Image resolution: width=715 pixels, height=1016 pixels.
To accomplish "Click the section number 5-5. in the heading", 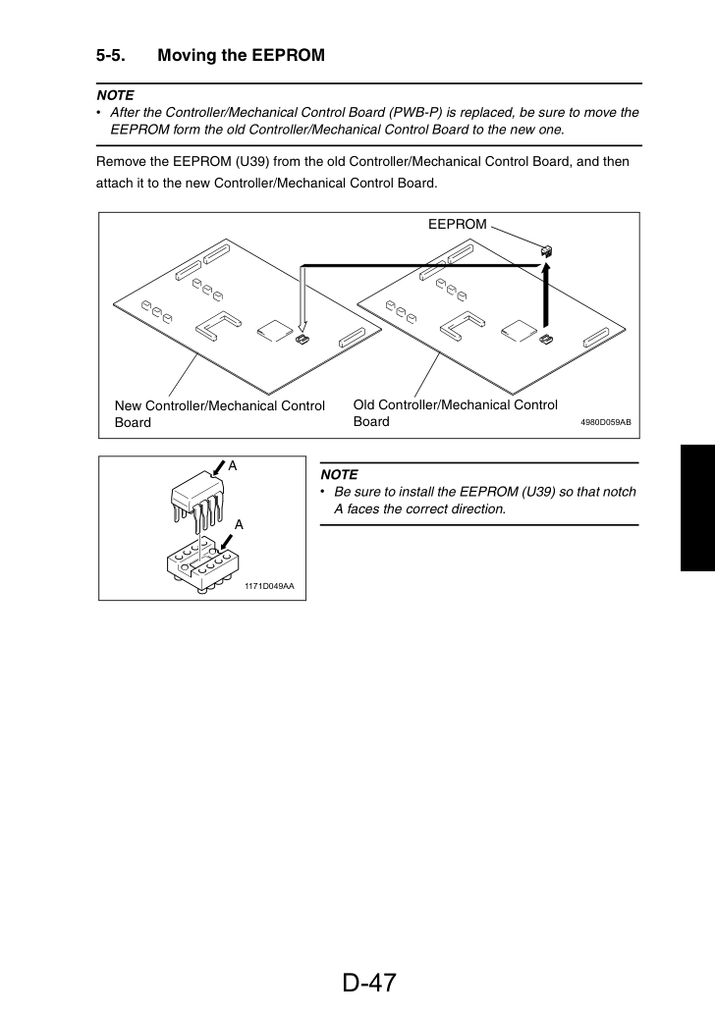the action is point(111,56).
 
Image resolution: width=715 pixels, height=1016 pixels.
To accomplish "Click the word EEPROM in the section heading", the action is point(288,56).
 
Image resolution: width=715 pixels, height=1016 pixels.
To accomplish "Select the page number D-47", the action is point(369,983).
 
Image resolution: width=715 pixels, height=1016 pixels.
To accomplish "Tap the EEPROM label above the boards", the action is point(457,224).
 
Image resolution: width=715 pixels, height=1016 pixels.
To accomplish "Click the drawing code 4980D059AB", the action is point(605,422).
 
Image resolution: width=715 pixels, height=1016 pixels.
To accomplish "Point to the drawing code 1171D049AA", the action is point(269,586).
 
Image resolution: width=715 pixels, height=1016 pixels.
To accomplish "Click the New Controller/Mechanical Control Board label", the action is point(220,414).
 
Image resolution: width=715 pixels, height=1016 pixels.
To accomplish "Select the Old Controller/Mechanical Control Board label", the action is point(455,412).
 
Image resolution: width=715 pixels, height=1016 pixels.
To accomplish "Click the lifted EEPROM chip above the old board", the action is point(546,250).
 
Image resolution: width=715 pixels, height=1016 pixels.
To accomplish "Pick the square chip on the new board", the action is point(274,331).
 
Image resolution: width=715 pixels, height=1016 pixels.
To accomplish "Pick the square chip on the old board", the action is point(519,331).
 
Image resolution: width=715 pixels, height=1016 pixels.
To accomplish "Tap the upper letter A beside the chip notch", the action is point(233,466).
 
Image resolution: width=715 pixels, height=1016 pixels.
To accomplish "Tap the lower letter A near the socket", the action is point(239,525).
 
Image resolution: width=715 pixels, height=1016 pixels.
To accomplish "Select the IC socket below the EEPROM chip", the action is point(200,565).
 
